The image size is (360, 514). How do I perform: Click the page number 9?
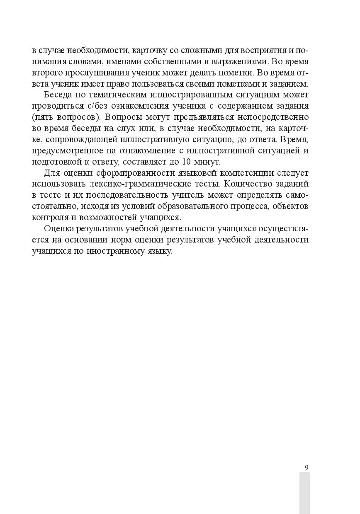pyautogui.click(x=306, y=468)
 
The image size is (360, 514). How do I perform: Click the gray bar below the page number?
pyautogui.click(x=304, y=493)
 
